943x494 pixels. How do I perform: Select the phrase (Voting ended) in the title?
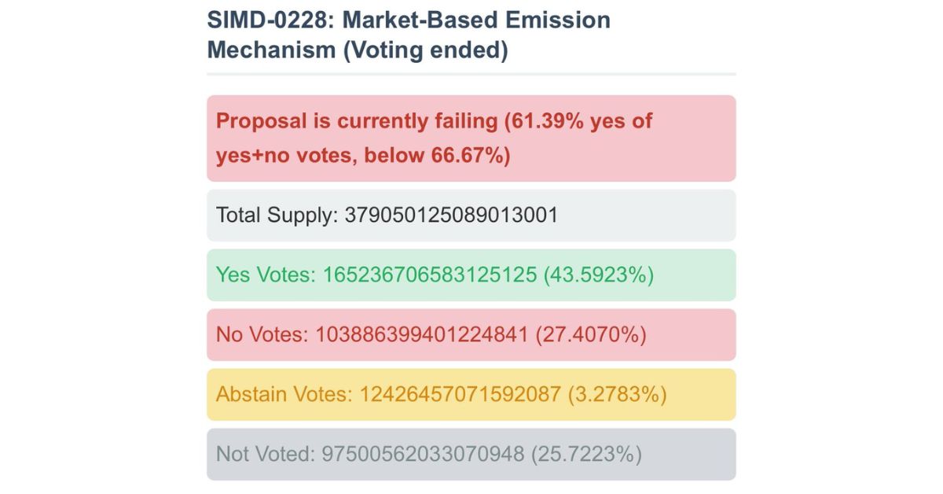[423, 50]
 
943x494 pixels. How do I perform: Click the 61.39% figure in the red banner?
[549, 122]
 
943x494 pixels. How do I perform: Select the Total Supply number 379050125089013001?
[451, 216]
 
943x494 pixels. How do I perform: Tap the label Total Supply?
[276, 216]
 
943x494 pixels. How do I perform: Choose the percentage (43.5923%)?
[598, 275]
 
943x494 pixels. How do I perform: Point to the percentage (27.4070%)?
[590, 335]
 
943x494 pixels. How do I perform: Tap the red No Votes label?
[262, 335]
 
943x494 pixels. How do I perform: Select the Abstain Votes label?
[284, 394]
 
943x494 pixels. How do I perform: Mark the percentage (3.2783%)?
[617, 394]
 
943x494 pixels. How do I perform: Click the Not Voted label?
[263, 454]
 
